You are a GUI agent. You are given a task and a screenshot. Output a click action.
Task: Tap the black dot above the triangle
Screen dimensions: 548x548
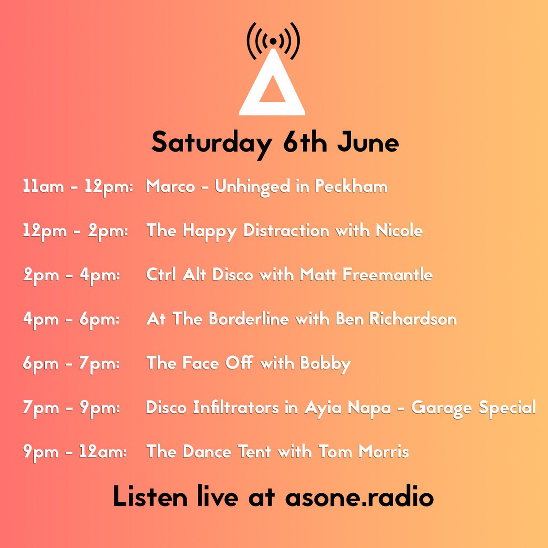tap(273, 41)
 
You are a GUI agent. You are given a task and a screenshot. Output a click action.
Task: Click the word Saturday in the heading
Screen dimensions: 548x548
tap(211, 143)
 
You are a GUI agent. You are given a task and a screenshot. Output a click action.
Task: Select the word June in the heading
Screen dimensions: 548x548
tap(368, 143)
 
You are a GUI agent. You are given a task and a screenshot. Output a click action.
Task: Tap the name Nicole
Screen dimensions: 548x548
tap(399, 231)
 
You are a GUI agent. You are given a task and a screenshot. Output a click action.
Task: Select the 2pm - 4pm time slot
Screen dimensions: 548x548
tap(71, 275)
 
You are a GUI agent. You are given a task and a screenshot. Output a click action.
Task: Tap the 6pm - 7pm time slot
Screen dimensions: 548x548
tap(71, 364)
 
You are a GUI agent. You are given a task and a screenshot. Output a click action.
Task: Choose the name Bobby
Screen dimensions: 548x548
tap(325, 364)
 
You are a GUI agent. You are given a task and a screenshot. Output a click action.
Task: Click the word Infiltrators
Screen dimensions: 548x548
tap(236, 407)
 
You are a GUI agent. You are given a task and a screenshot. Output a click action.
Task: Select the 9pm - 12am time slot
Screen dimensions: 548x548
tap(75, 452)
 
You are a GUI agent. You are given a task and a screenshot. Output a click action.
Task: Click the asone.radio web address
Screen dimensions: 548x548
tap(359, 496)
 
